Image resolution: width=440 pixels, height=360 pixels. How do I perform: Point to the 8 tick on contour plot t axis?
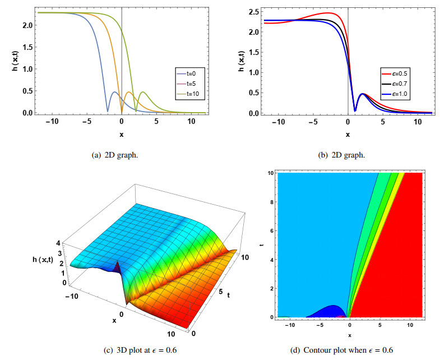tap(272, 202)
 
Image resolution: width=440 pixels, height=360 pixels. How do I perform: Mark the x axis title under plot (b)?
tap(348, 135)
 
